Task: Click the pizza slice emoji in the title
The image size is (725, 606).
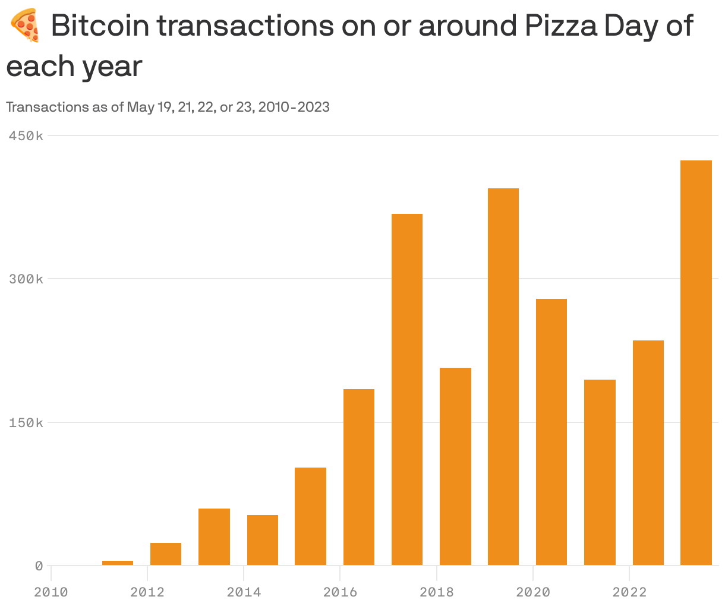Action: point(25,27)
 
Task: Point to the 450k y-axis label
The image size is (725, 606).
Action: point(26,136)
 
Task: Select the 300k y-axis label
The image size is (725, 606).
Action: point(26,279)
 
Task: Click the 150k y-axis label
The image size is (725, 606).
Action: point(26,423)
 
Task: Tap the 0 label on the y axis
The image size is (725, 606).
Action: point(39,566)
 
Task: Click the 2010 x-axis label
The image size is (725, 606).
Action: point(51,592)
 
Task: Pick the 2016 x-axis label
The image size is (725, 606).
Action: point(340,592)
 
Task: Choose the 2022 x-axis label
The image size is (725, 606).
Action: point(629,592)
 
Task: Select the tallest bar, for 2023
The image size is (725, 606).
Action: point(696,362)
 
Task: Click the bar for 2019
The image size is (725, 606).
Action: point(503,377)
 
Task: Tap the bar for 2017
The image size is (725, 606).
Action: point(407,389)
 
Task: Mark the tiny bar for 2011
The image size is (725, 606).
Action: point(118,563)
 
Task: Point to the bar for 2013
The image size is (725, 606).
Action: point(214,536)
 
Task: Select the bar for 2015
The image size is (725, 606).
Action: point(310,516)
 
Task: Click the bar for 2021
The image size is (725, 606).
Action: point(600,472)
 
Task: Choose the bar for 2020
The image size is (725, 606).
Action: point(551,432)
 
